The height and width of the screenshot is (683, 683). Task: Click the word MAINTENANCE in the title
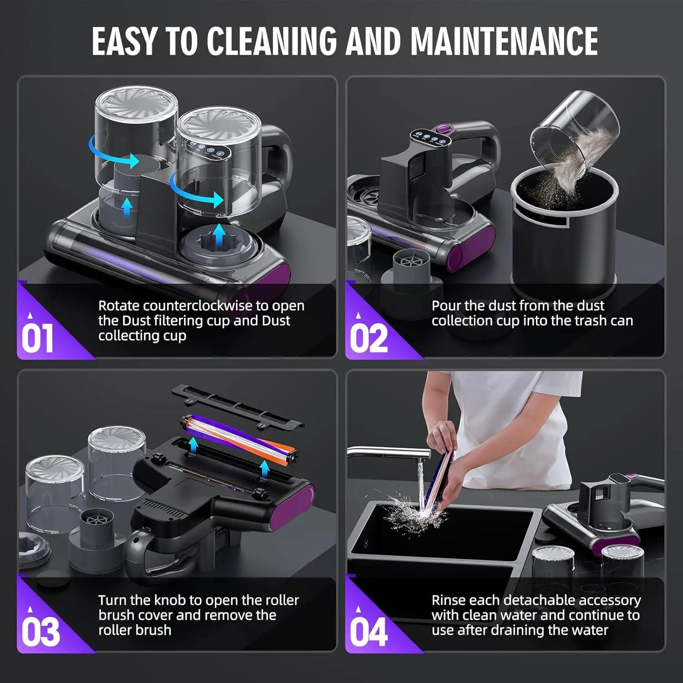pos(504,41)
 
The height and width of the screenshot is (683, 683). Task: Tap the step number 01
pos(37,338)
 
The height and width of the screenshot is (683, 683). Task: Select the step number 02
pos(369,338)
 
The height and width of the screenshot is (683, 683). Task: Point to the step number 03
pos(41,632)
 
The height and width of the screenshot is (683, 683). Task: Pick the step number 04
pos(369,632)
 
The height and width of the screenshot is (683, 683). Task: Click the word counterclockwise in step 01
pos(195,306)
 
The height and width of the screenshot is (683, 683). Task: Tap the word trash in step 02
pos(591,321)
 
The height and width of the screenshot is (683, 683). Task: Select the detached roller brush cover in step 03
pos(237,406)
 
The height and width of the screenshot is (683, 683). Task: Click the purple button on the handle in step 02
pos(440,130)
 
